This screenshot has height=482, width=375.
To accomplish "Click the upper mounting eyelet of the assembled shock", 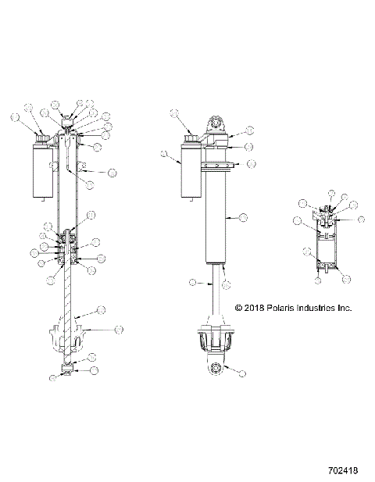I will click(x=216, y=125).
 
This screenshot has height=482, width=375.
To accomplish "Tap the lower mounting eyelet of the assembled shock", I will click(x=215, y=368).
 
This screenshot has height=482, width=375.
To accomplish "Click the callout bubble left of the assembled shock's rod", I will click(x=192, y=282).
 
